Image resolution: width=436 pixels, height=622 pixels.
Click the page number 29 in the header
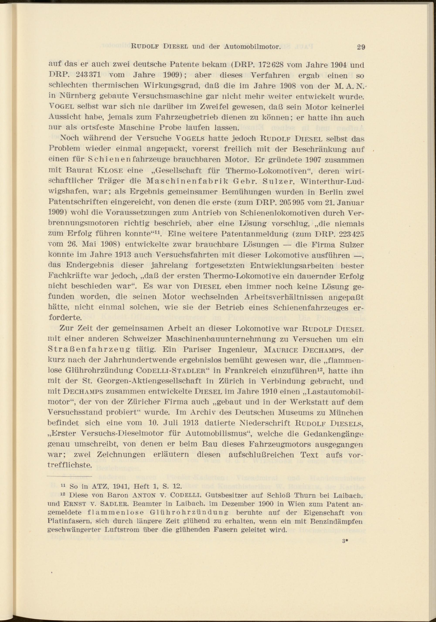(361, 47)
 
